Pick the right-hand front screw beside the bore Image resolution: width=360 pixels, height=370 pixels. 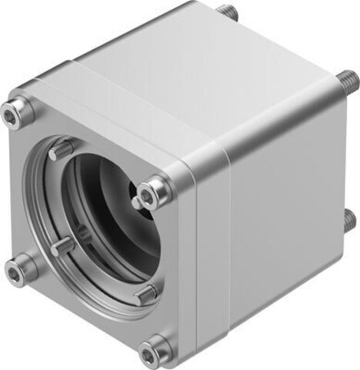[154, 194]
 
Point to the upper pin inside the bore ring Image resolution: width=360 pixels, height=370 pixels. [59, 151]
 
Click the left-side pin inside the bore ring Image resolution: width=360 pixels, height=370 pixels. [61, 246]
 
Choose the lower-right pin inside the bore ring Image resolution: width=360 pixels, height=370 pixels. [145, 293]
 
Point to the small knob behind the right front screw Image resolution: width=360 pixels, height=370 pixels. [136, 201]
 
